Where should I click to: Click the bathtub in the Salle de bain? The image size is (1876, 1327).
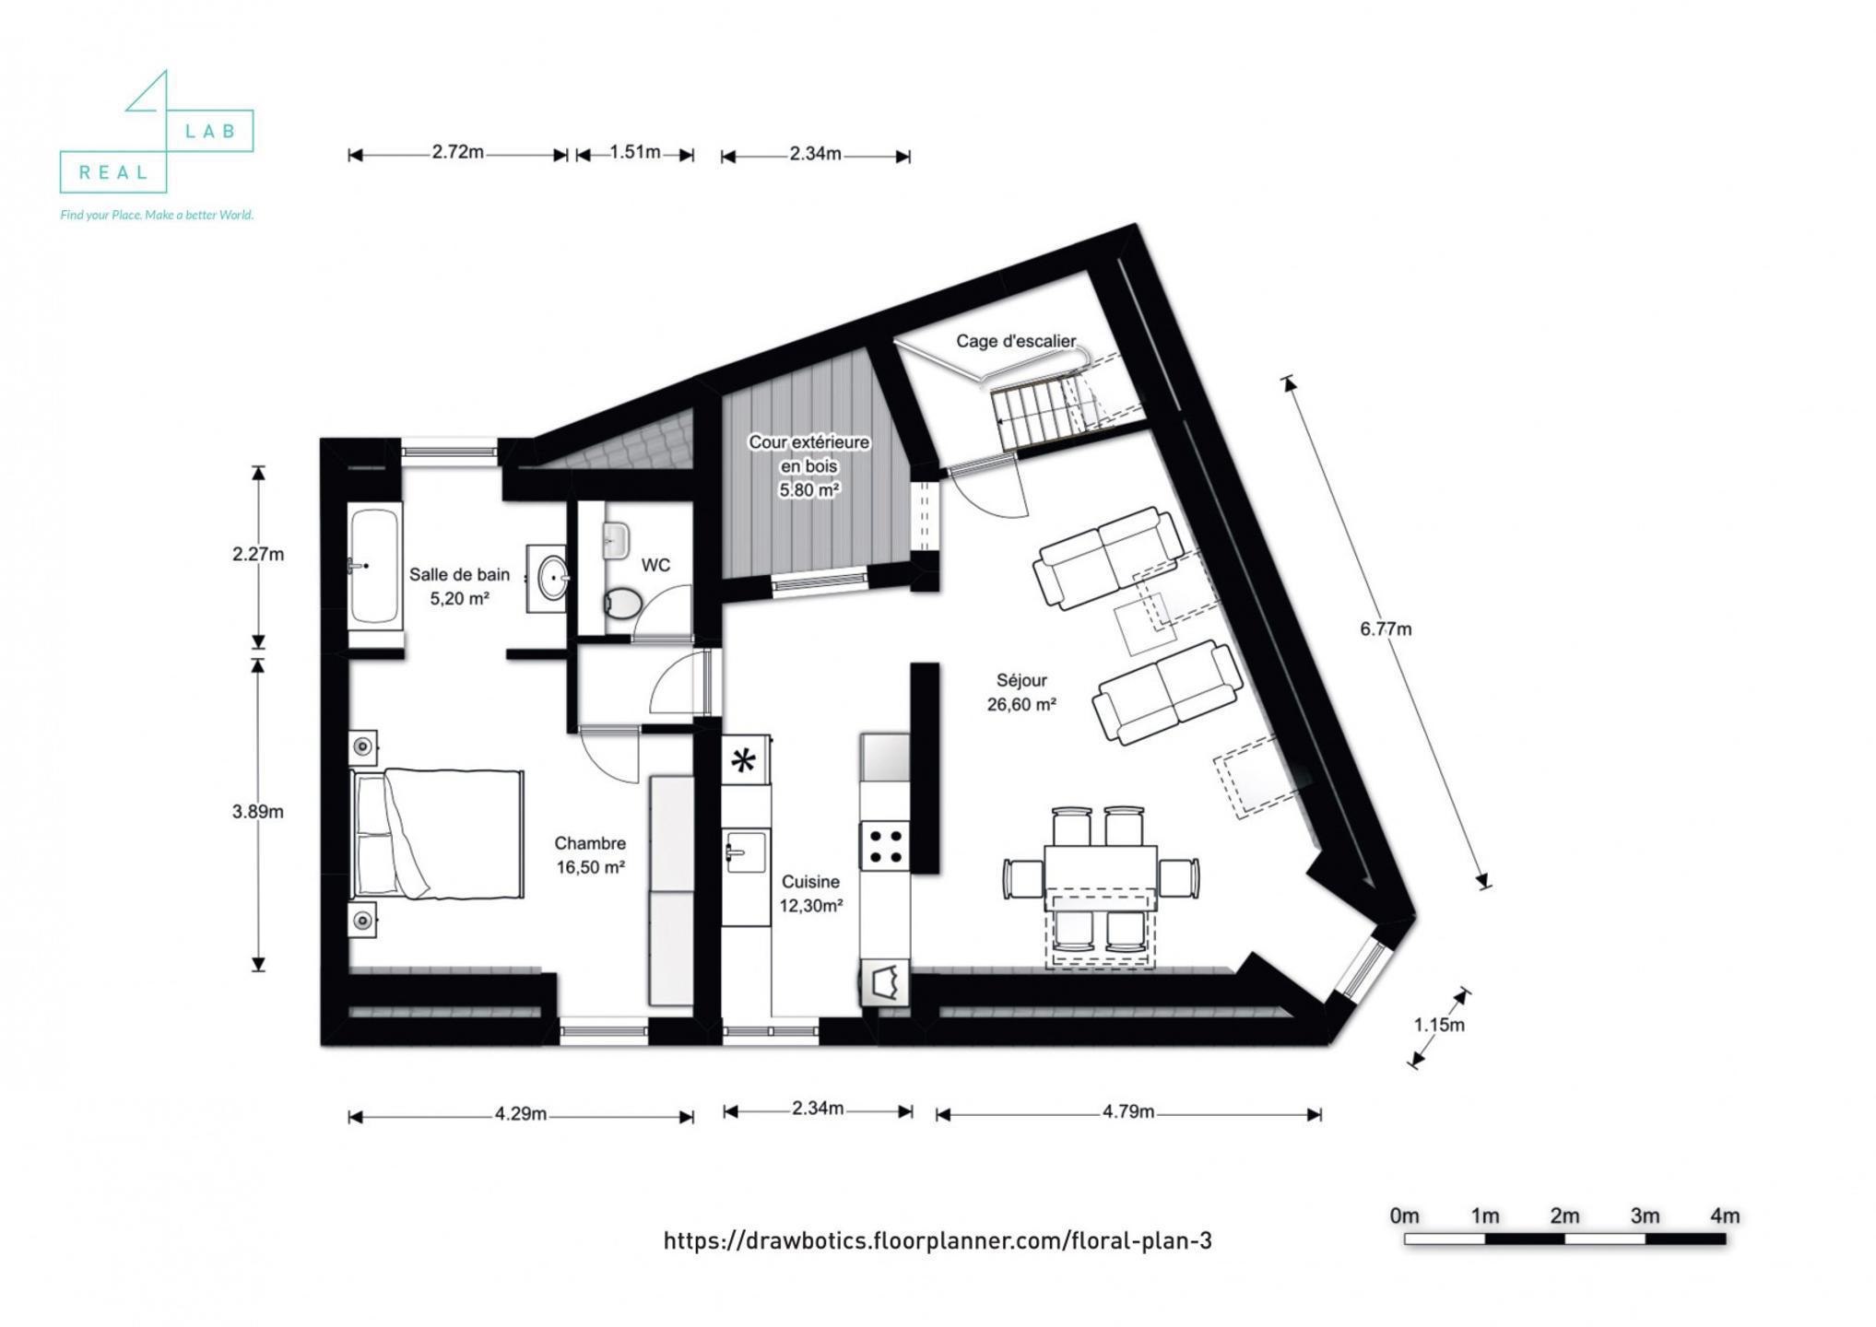click(x=373, y=566)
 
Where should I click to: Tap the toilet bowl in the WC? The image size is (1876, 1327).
click(x=624, y=604)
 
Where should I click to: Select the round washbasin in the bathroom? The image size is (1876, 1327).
click(x=551, y=578)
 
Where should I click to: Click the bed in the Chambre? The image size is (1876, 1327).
click(x=438, y=834)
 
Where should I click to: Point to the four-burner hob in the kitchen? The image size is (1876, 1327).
click(x=885, y=846)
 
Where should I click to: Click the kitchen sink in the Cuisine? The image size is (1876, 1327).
click(x=745, y=851)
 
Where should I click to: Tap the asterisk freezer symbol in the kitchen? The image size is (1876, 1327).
click(x=744, y=761)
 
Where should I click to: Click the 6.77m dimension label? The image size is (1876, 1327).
click(x=1385, y=629)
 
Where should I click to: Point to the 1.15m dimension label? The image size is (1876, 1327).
click(x=1438, y=1025)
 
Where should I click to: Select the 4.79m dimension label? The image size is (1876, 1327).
click(x=1127, y=1112)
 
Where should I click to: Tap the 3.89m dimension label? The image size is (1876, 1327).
click(x=257, y=812)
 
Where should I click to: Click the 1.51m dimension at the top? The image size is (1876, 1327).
click(x=634, y=153)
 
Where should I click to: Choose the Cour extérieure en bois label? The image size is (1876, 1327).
click(x=808, y=465)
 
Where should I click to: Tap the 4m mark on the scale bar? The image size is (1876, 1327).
click(x=1724, y=1216)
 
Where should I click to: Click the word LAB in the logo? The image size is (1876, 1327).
click(x=211, y=132)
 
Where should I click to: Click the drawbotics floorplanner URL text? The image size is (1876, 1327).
click(x=937, y=1241)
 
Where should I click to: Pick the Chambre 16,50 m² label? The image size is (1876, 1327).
click(x=590, y=855)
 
